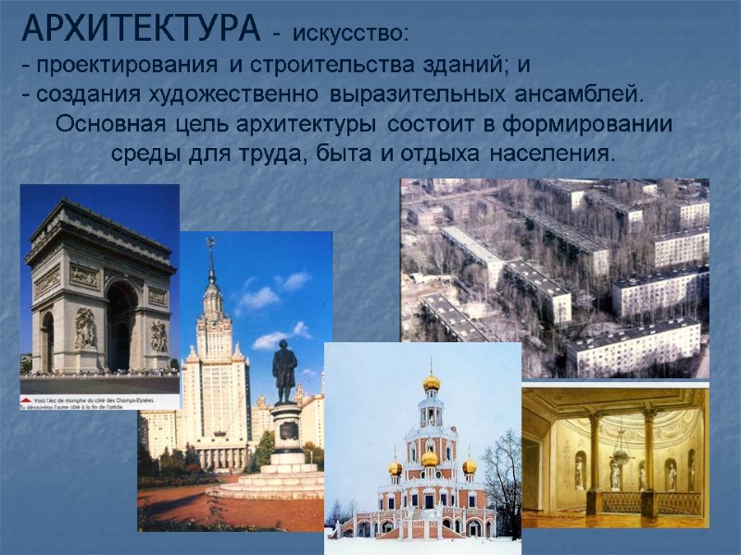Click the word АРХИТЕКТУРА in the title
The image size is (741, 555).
click(x=141, y=30)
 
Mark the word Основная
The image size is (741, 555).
click(x=110, y=123)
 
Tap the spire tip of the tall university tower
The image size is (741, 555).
click(x=211, y=244)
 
